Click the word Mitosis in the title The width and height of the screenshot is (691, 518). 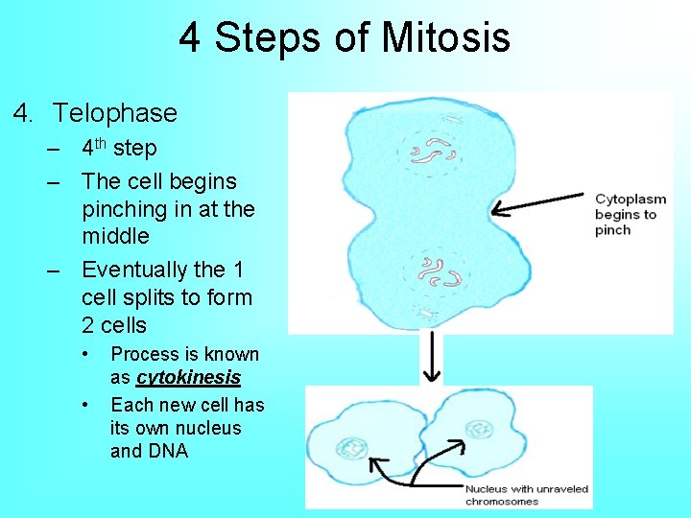coord(446,38)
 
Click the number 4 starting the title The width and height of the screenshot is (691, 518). coord(189,38)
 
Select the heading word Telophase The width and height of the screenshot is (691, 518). coord(115,113)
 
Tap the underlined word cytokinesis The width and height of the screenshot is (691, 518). coord(188,377)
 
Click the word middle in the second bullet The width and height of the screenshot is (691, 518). coord(115,235)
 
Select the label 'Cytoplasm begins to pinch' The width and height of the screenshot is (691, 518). coord(631,214)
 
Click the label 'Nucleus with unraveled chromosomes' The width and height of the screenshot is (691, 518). coord(526,495)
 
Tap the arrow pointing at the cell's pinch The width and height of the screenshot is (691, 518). coord(537,203)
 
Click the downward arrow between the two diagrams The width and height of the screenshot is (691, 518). coord(432,357)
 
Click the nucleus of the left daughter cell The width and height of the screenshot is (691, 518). coord(351,447)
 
